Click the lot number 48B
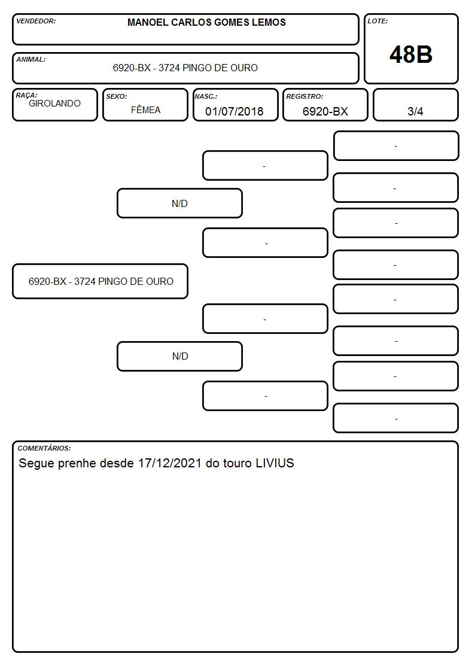pos(411,55)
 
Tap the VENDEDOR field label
pos(36,21)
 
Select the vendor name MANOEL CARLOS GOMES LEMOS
pos(206,22)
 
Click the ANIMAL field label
pos(31,59)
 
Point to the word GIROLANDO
pos(55,104)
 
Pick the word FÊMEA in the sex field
pos(145,110)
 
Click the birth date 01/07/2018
pos(235,111)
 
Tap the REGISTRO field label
pos(305,96)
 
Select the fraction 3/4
pos(415,111)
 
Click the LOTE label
pos(377,21)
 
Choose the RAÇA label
pos(26,95)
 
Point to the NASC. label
pos(206,96)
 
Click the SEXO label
pos(117,96)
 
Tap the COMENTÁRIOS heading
pos(44,448)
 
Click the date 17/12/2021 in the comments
pos(170,463)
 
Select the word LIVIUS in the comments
pos(275,463)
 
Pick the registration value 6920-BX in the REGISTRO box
pos(325,111)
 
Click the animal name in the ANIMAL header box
pos(185,68)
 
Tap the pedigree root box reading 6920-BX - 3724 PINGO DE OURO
pos(101,281)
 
